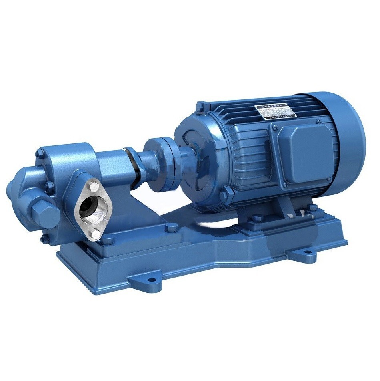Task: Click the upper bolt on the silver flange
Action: click(x=92, y=187)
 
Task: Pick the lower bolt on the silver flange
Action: click(x=95, y=234)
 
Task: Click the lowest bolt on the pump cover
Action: click(x=42, y=239)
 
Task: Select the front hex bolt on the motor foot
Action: click(x=256, y=218)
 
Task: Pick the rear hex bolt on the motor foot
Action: click(x=312, y=208)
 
